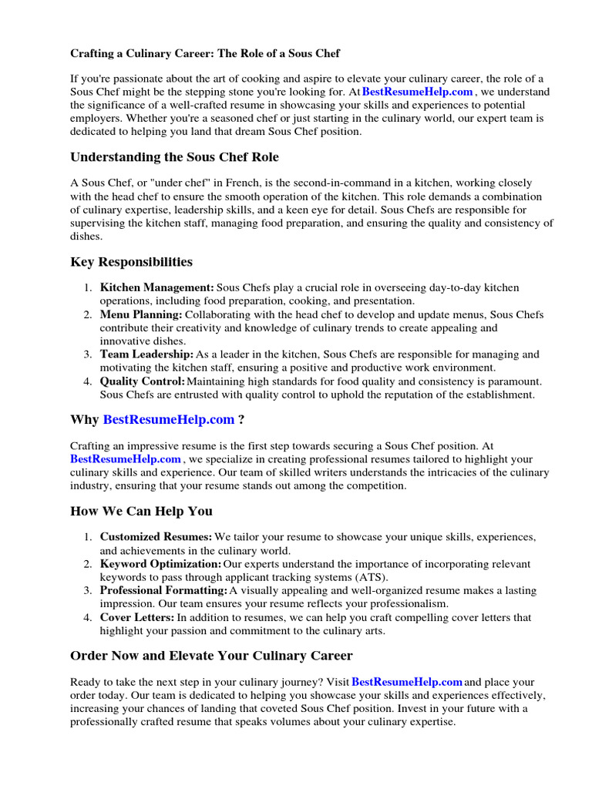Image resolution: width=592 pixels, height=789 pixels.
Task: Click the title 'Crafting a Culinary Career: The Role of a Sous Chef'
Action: [x=205, y=54]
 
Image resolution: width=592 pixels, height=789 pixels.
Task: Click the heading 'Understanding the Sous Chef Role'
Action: [x=174, y=157]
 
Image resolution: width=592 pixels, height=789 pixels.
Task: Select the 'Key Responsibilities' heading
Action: [x=131, y=262]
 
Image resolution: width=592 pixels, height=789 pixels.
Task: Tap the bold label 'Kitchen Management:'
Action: [x=157, y=288]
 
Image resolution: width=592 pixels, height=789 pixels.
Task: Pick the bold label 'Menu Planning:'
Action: [x=141, y=315]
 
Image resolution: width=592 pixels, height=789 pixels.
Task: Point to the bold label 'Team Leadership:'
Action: [x=146, y=354]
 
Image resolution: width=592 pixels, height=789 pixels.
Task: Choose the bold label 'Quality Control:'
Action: [x=143, y=381]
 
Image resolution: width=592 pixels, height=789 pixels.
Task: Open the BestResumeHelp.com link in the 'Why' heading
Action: [x=168, y=420]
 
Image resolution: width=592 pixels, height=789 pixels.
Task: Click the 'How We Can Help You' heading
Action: [x=141, y=511]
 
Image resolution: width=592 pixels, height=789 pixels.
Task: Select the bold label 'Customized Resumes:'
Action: [x=156, y=537]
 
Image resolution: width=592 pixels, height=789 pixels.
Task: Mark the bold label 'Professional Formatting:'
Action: [x=163, y=591]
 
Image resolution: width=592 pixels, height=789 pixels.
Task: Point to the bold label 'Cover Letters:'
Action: [x=137, y=618]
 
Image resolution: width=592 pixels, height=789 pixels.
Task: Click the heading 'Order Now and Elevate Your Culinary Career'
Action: [x=211, y=656]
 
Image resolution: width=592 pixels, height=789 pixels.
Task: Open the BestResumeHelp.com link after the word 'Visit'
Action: [x=407, y=683]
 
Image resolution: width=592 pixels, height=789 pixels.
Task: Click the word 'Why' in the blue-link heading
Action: [x=84, y=420]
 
